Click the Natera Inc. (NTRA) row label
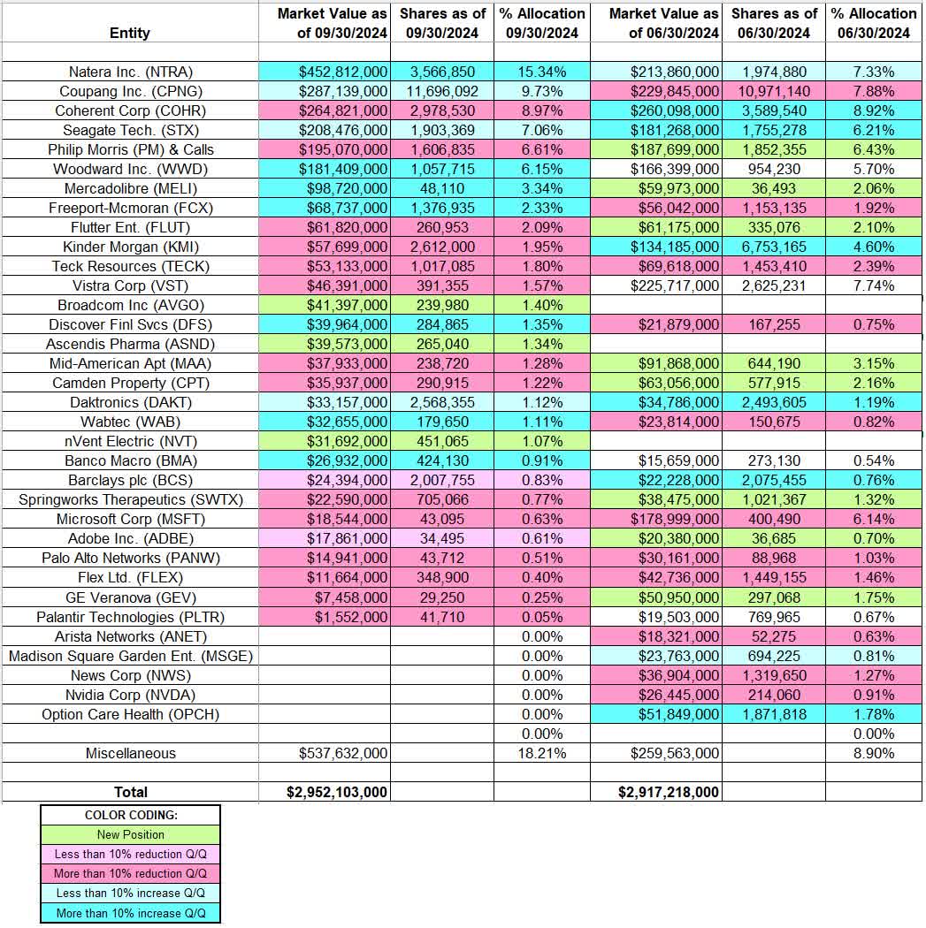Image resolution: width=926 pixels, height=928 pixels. pos(130,72)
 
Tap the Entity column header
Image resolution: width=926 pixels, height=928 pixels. pos(130,33)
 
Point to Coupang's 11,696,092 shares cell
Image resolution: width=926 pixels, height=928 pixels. pos(442,91)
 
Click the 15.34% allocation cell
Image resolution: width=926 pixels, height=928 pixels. pos(540,72)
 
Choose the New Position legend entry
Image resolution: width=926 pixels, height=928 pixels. pos(130,834)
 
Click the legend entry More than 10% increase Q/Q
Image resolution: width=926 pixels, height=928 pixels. pos(130,913)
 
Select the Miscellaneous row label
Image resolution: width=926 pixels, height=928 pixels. pos(130,753)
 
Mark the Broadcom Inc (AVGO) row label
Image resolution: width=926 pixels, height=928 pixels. pos(130,305)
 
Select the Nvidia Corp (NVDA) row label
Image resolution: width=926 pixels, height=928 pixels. pos(130,695)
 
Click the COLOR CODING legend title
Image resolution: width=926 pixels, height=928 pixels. pos(130,815)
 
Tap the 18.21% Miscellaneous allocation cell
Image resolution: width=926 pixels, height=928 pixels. pos(540,753)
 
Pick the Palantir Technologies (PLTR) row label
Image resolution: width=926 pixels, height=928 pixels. pos(130,617)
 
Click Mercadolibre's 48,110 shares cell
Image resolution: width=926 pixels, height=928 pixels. pos(442,188)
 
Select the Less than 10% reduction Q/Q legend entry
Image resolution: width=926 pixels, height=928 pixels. pos(130,854)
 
